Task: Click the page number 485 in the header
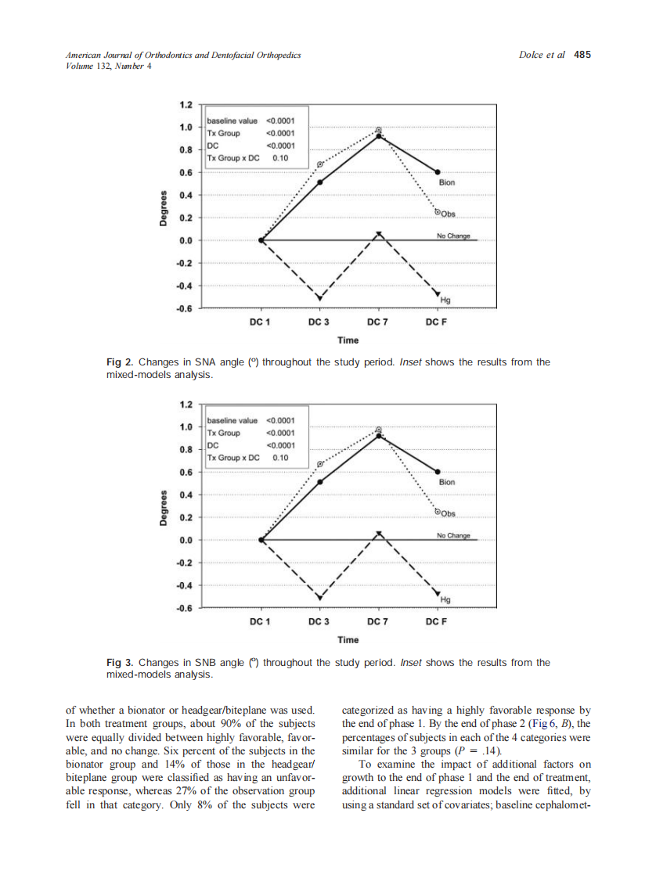582,55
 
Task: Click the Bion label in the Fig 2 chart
447,182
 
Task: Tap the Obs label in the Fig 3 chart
447,514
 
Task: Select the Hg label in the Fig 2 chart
446,300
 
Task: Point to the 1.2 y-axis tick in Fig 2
186,104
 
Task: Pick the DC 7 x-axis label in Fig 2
378,322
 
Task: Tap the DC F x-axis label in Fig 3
437,622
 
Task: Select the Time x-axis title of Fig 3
348,640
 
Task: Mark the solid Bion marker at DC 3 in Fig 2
319,182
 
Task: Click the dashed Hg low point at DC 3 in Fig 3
319,598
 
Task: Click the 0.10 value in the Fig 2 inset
280,157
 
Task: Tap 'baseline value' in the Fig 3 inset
232,421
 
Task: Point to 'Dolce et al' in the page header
542,55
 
